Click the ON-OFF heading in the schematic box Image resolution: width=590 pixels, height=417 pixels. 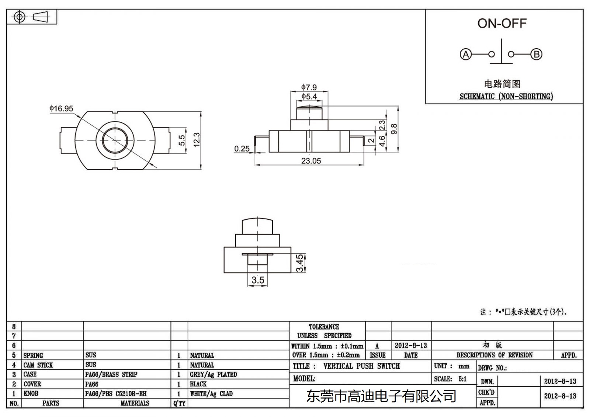[502, 24]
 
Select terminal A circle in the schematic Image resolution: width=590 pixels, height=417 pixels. [466, 55]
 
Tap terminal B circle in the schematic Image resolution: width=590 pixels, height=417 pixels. [536, 55]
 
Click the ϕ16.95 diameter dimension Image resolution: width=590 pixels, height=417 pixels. [61, 109]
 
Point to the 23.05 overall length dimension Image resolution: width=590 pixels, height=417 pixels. [311, 161]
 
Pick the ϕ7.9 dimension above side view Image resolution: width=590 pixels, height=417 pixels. [309, 87]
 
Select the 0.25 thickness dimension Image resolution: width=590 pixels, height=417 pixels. [242, 149]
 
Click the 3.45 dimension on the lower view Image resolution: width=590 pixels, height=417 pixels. [300, 263]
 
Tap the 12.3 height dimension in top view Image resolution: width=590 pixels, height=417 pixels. [196, 140]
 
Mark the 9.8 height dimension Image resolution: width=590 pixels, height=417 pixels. [393, 129]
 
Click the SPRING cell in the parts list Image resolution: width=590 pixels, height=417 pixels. [33, 355]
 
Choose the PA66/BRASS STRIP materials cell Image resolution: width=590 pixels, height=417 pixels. [111, 374]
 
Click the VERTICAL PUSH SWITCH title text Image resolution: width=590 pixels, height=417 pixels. [361, 366]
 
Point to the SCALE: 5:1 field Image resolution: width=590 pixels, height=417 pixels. [450, 379]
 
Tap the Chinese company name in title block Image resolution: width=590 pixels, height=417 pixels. [381, 396]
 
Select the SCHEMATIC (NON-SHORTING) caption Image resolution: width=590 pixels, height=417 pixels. [506, 97]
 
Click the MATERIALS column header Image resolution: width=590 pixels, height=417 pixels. [135, 403]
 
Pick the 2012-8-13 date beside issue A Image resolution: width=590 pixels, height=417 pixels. [410, 345]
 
